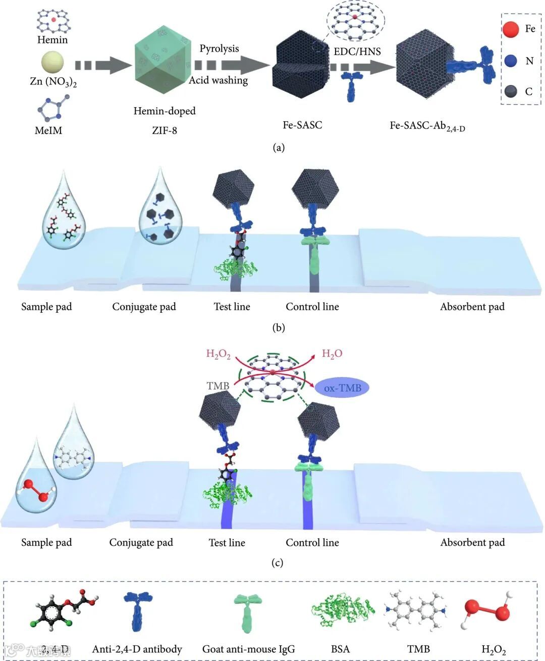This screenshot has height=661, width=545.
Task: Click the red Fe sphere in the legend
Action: (x=510, y=29)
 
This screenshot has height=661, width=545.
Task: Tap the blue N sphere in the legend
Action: (x=510, y=61)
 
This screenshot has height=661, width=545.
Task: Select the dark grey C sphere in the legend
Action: (x=510, y=91)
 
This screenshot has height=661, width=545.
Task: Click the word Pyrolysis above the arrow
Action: (x=219, y=49)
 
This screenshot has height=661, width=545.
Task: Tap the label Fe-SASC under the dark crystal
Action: (x=302, y=125)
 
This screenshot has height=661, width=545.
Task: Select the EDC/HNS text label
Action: (x=357, y=51)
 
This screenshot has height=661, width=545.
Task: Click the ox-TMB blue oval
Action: (x=342, y=388)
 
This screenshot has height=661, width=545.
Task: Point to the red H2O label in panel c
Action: (x=332, y=354)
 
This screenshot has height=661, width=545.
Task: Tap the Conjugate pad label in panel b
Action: (x=144, y=307)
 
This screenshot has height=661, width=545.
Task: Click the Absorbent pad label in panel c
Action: (x=472, y=542)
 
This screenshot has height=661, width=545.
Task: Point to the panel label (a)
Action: (x=279, y=148)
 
